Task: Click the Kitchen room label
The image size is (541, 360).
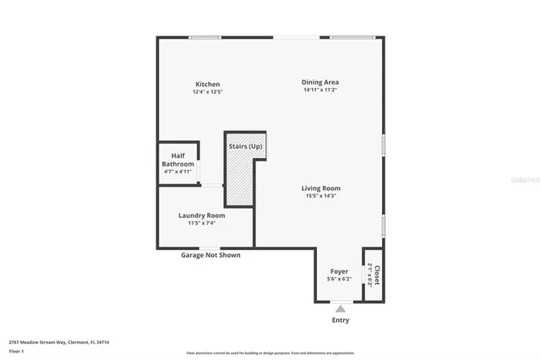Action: [208, 84]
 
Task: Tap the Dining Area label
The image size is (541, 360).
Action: [320, 82]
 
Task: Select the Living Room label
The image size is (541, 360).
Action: [321, 188]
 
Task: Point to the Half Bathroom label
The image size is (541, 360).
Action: [178, 159]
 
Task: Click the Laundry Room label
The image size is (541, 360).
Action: [202, 215]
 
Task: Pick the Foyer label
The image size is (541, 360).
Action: [338, 271]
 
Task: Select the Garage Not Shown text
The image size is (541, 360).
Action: [211, 254]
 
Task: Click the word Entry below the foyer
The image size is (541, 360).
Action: [340, 320]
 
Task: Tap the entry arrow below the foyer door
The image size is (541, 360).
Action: [340, 308]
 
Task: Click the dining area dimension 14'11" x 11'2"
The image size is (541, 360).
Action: [320, 90]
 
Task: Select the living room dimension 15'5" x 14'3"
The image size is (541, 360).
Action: [321, 195]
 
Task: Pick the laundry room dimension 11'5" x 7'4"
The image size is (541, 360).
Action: [201, 223]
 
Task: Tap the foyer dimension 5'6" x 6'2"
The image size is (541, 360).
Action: [338, 279]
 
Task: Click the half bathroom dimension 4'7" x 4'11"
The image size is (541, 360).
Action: [178, 171]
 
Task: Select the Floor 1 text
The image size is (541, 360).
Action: [16, 350]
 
